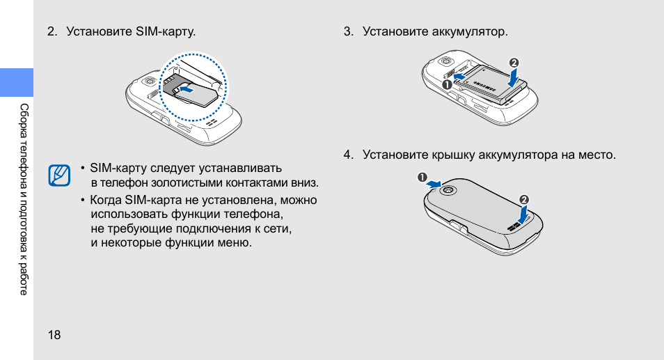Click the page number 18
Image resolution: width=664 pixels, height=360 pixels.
point(54,335)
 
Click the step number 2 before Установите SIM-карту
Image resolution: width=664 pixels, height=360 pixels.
point(51,32)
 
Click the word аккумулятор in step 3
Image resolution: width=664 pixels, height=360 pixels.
point(468,32)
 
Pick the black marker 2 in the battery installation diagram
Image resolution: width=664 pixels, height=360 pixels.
point(514,63)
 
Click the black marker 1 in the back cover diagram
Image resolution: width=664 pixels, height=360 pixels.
point(422,177)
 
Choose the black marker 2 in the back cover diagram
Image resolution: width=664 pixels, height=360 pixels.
point(524,200)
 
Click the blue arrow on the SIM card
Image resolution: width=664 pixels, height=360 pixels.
point(186,88)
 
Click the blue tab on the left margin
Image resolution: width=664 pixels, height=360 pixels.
point(17,82)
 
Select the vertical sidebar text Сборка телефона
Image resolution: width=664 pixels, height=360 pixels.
point(24,139)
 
